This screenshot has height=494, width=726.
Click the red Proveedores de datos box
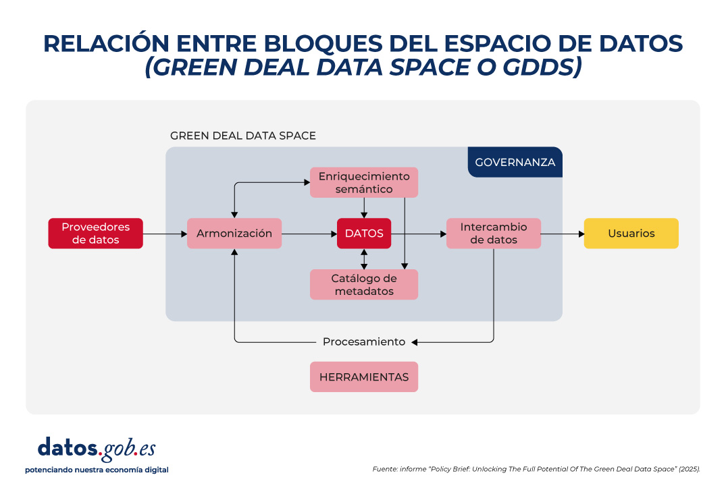[x=95, y=234]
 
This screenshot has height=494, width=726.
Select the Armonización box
[x=234, y=234]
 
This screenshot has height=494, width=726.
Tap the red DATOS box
[x=364, y=234]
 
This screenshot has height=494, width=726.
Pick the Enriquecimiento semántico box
[x=364, y=183]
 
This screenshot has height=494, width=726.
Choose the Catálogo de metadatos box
[x=364, y=285]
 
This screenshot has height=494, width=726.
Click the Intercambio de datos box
[x=494, y=234]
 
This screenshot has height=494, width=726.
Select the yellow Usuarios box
[x=631, y=234]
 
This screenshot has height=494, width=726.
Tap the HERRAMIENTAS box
[x=364, y=377]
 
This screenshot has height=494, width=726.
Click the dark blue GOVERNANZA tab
[x=515, y=162]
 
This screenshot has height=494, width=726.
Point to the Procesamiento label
[x=364, y=342]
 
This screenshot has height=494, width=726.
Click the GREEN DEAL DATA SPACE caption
[x=243, y=136]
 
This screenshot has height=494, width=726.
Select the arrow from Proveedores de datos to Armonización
[x=165, y=234]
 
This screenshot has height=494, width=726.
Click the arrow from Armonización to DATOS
[x=309, y=234]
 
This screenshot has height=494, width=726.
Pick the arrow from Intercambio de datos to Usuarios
[x=563, y=234]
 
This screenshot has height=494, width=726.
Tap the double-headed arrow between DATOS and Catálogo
[x=364, y=259]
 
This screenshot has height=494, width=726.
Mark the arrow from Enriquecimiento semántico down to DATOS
[x=364, y=208]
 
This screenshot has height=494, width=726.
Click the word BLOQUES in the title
[x=323, y=43]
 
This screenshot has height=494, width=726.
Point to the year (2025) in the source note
[x=690, y=469]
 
